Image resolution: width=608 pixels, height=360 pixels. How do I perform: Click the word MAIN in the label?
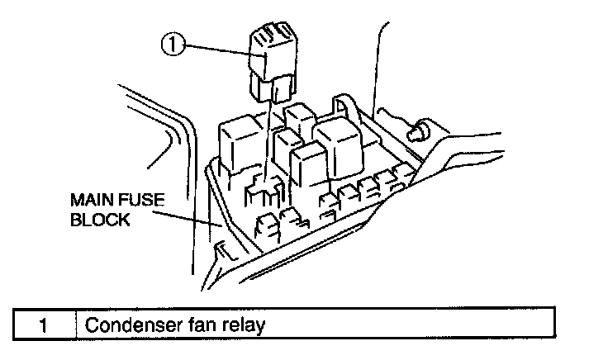pyautogui.click(x=91, y=200)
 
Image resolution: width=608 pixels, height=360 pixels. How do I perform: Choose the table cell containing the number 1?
pyautogui.click(x=41, y=324)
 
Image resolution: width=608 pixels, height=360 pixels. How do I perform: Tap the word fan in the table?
pyautogui.click(x=204, y=324)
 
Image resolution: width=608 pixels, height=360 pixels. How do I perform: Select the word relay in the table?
pyautogui.click(x=245, y=324)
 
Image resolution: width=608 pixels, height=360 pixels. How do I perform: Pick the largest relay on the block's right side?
pyautogui.click(x=335, y=145)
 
